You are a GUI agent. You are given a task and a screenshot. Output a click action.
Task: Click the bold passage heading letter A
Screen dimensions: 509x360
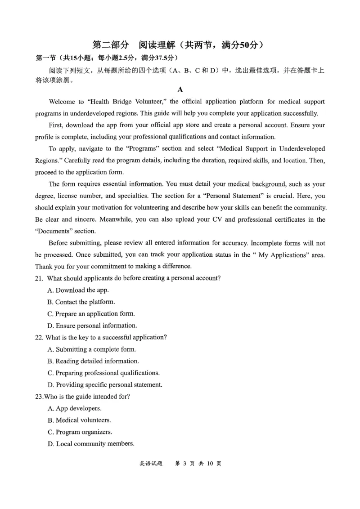pos(180,89)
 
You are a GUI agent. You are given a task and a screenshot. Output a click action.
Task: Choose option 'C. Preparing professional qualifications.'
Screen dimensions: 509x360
pos(103,373)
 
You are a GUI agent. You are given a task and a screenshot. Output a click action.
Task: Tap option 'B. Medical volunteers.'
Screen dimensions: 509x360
pos(79,420)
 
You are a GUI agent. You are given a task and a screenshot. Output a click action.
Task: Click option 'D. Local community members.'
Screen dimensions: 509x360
pos(90,444)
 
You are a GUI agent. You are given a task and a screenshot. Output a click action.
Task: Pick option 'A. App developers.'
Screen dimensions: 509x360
pos(74,408)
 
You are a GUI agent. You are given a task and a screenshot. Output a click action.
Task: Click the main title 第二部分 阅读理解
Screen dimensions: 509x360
pos(148,45)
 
